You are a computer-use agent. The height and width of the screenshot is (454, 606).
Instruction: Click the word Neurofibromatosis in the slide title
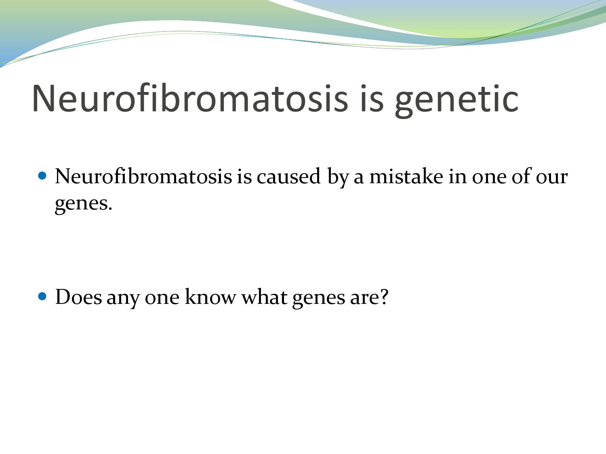190,99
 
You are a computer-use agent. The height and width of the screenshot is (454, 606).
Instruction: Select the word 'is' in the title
371,99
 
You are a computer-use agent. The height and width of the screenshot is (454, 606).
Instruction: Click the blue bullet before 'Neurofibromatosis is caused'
42,176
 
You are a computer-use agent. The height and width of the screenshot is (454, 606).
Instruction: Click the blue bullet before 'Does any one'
42,297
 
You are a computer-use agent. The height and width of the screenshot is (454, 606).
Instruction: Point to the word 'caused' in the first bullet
288,177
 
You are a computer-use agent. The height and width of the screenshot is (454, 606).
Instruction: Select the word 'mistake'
406,177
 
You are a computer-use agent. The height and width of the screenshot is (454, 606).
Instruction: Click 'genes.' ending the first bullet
83,204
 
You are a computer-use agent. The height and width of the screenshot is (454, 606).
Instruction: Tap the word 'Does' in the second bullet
78,297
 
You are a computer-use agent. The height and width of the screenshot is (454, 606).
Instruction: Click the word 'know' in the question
210,297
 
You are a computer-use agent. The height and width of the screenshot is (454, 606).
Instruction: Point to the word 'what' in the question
264,297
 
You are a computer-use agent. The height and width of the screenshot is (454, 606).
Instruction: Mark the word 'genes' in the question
319,299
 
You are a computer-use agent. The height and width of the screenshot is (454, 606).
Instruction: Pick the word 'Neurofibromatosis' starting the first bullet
143,177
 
